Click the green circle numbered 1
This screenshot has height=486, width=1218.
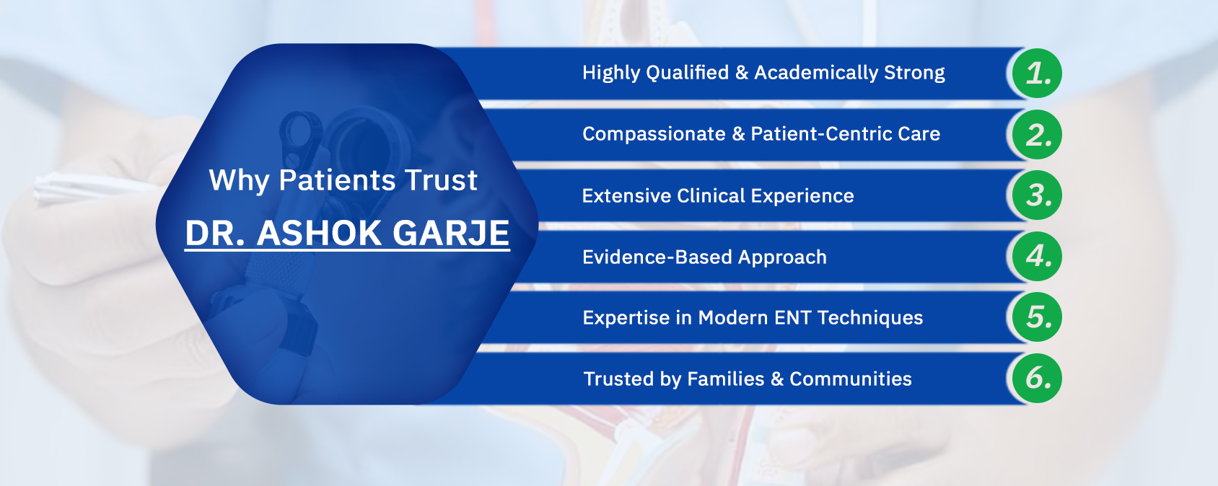tap(1038, 74)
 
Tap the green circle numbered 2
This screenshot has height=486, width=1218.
tap(1038, 134)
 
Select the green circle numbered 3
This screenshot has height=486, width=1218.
tap(1038, 195)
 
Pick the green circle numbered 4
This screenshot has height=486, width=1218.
tap(1038, 256)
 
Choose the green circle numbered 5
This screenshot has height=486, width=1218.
tap(1038, 317)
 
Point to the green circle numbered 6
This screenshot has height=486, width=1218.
tap(1038, 379)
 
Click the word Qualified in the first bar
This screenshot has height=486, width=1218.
tap(688, 73)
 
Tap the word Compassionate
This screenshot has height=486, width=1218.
tap(654, 133)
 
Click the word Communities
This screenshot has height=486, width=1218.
tap(851, 379)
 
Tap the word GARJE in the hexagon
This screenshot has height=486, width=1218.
tap(451, 233)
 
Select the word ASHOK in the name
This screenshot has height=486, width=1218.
tap(319, 233)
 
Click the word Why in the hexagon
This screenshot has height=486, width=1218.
tap(239, 180)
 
